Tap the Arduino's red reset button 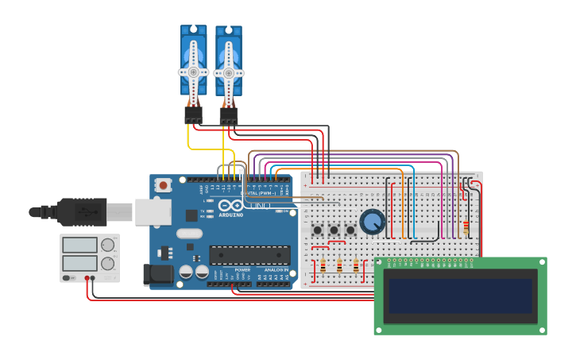click(163, 184)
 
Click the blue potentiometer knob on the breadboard click(372, 222)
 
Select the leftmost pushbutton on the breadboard click(318, 230)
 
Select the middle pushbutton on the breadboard click(334, 230)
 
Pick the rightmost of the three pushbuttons click(350, 230)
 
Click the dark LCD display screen click(459, 296)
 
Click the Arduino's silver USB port click(153, 211)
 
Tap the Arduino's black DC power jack click(157, 275)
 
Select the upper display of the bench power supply click(79, 245)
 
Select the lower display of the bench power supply click(79, 262)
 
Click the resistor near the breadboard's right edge click(466, 228)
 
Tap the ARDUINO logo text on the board click(231, 215)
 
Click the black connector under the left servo click(193, 115)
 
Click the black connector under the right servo click(229, 117)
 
